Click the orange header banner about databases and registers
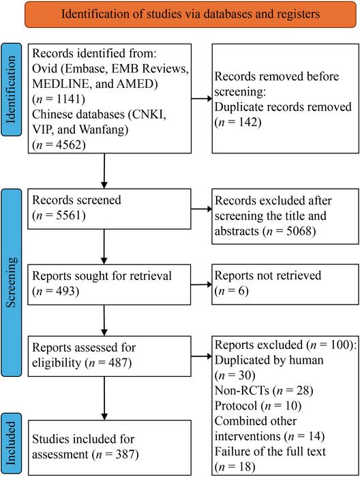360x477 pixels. tap(190, 14)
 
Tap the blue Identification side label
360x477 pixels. tap(12, 89)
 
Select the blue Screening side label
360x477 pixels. tap(12, 283)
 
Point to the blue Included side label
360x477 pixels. tap(12, 443)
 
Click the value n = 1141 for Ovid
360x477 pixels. tap(59, 99)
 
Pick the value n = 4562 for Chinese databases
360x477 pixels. tap(59, 144)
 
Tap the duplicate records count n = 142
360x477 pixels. tap(238, 122)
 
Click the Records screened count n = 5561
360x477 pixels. tap(59, 215)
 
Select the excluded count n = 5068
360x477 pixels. tap(287, 231)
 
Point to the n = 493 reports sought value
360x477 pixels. tap(56, 291)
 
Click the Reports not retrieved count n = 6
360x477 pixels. tap(232, 290)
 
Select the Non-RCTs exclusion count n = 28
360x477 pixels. tap(292, 390)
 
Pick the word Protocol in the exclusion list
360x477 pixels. tap(236, 405)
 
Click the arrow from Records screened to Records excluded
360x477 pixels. tap(201, 209)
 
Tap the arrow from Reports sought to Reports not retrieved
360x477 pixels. tap(201, 284)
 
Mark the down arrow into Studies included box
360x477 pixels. tap(104, 398)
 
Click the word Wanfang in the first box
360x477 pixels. tap(104, 129)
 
